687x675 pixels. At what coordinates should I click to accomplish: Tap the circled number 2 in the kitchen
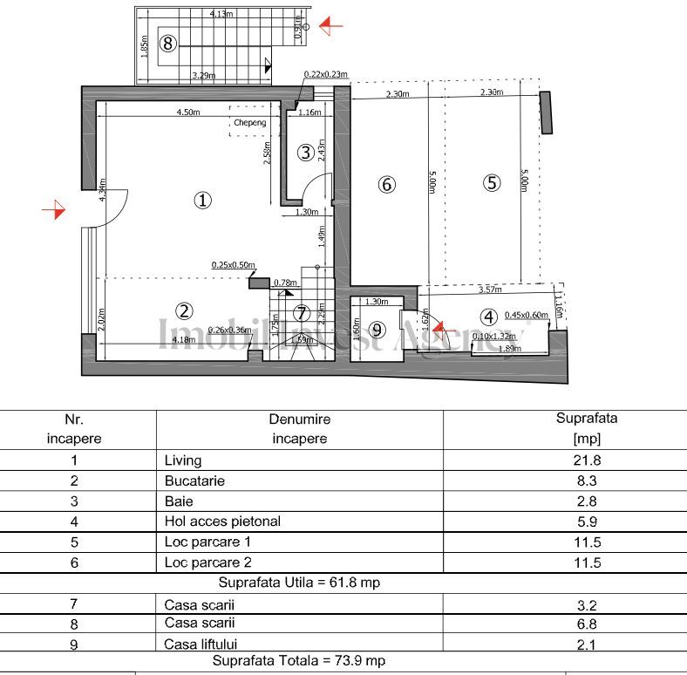pyautogui.click(x=184, y=310)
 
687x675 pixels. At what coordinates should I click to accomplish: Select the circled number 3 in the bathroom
pyautogui.click(x=305, y=153)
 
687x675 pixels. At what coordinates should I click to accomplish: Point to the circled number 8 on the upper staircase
pyautogui.click(x=168, y=41)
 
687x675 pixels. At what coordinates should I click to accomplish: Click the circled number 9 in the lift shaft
pyautogui.click(x=377, y=330)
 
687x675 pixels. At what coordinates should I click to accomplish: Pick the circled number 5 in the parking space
pyautogui.click(x=493, y=183)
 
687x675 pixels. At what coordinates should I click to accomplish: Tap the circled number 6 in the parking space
pyautogui.click(x=387, y=184)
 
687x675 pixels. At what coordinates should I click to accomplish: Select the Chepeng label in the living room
pyautogui.click(x=249, y=123)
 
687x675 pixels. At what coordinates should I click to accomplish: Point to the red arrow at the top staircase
pyautogui.click(x=330, y=26)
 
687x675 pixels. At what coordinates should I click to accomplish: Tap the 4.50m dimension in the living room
pyautogui.click(x=189, y=112)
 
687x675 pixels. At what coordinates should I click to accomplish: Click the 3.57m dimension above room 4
pyautogui.click(x=491, y=289)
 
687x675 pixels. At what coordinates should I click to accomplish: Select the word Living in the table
pyautogui.click(x=182, y=460)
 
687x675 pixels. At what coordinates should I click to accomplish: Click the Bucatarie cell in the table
pyautogui.click(x=191, y=481)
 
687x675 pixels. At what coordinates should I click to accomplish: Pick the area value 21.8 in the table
pyautogui.click(x=586, y=460)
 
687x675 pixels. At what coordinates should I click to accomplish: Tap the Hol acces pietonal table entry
pyautogui.click(x=222, y=522)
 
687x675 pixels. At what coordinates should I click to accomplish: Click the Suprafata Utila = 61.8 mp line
pyautogui.click(x=299, y=582)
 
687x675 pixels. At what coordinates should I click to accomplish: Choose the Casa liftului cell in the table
pyautogui.click(x=201, y=644)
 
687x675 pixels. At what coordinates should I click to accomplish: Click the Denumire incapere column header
pyautogui.click(x=299, y=428)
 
